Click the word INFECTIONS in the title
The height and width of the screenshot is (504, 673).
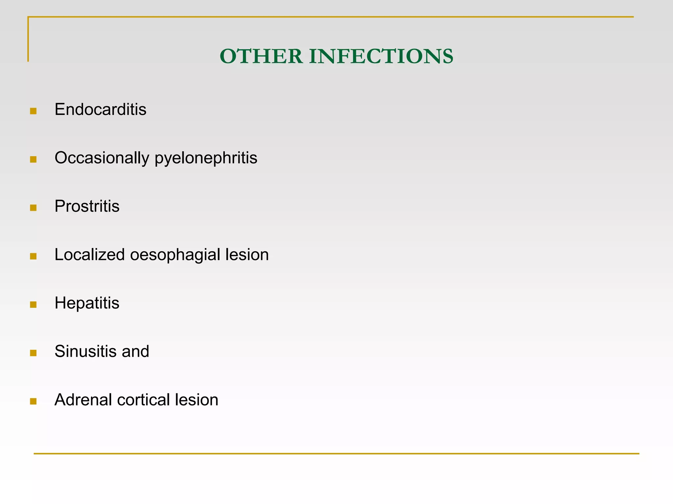point(381,56)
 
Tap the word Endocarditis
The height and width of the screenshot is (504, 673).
point(100,109)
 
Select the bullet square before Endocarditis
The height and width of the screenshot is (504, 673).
point(33,111)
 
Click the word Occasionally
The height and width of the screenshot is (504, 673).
point(102,158)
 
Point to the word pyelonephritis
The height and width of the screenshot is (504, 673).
point(206,158)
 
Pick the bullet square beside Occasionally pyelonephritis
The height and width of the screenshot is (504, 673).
point(33,159)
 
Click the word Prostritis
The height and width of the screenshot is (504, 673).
point(87,206)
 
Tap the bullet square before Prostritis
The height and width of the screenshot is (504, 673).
point(33,208)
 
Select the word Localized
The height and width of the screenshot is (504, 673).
point(89,255)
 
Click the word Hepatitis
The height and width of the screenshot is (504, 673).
point(87,303)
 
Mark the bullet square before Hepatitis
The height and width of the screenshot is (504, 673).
point(33,304)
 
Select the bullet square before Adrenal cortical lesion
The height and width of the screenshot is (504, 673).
point(33,401)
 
